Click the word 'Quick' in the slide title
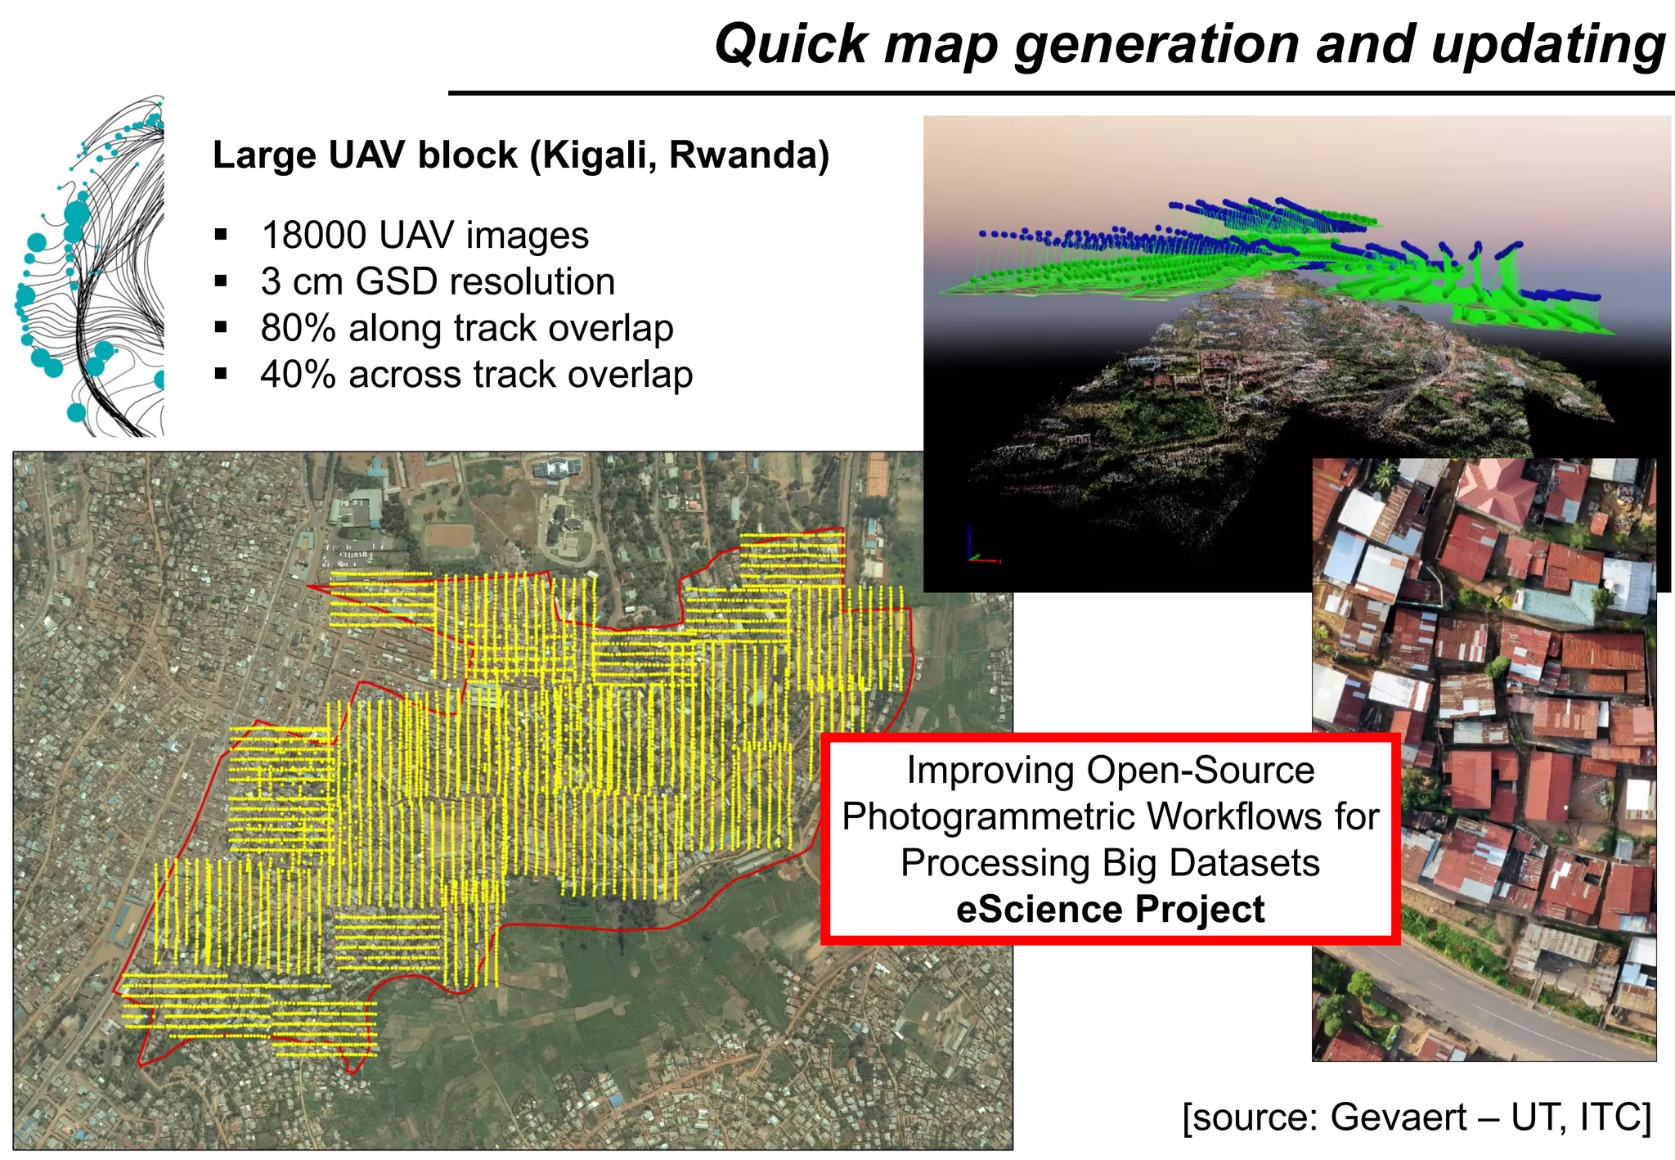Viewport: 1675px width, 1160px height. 790,44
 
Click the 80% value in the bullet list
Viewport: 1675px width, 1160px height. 298,329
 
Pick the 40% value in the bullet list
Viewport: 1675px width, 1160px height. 298,375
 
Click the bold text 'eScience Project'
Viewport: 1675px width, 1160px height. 1110,910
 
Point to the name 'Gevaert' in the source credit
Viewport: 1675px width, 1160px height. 1399,1117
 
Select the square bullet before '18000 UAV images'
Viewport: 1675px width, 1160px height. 221,236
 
